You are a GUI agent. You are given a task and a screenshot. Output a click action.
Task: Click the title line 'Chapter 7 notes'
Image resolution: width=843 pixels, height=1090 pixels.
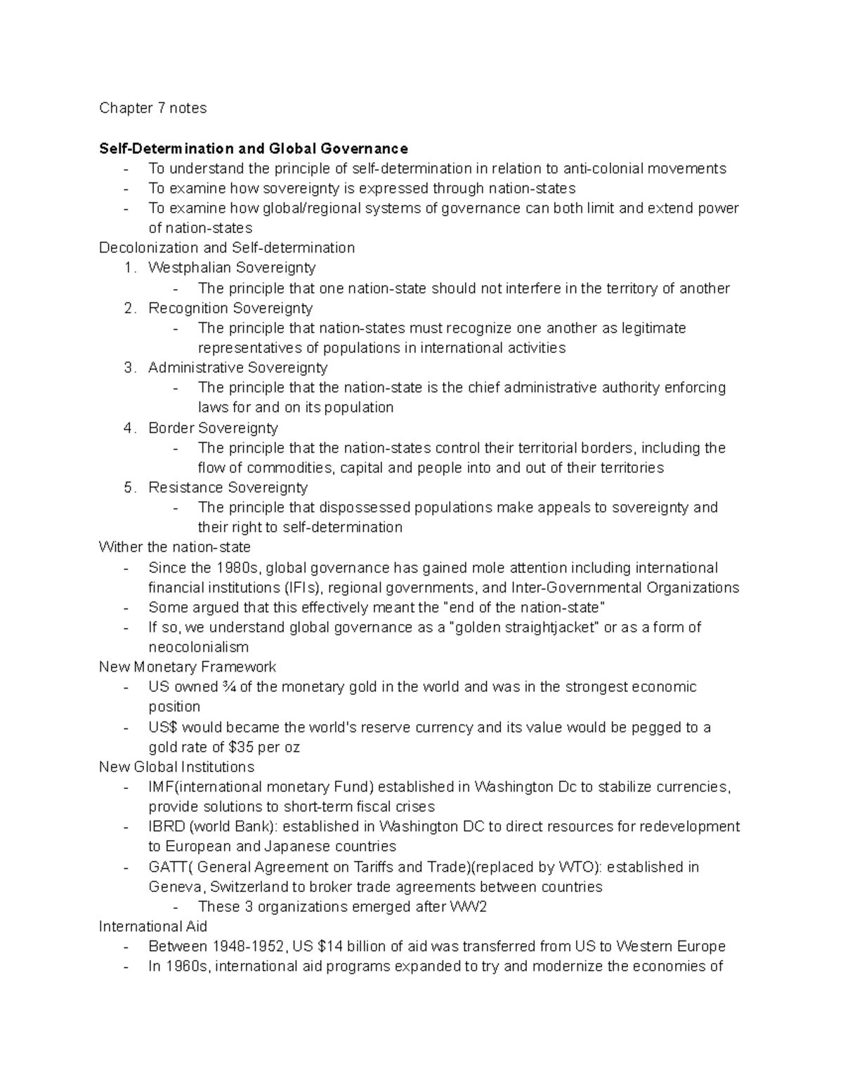152,108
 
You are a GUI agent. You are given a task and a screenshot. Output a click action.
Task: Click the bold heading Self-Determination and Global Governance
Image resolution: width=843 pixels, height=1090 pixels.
253,148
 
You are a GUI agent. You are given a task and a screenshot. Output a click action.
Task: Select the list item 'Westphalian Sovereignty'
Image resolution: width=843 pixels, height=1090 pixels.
232,267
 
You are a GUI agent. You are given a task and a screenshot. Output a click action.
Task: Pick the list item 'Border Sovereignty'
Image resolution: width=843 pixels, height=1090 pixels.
213,428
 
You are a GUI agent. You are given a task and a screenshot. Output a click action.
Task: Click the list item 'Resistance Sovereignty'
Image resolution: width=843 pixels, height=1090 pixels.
228,487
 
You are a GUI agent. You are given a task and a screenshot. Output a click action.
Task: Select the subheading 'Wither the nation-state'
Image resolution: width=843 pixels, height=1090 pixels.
174,547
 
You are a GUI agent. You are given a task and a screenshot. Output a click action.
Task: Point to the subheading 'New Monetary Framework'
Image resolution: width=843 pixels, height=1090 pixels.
188,667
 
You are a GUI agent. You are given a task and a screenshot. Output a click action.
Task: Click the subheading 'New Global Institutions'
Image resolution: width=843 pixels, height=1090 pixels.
176,766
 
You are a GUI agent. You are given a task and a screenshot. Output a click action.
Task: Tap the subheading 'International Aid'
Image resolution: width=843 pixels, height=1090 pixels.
152,926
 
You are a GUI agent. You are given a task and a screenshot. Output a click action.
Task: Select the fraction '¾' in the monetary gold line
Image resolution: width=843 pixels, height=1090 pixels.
229,687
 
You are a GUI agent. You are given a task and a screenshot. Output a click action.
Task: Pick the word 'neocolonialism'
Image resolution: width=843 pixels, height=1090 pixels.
198,647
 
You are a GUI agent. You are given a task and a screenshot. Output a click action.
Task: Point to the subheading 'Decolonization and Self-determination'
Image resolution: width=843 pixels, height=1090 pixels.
227,248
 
